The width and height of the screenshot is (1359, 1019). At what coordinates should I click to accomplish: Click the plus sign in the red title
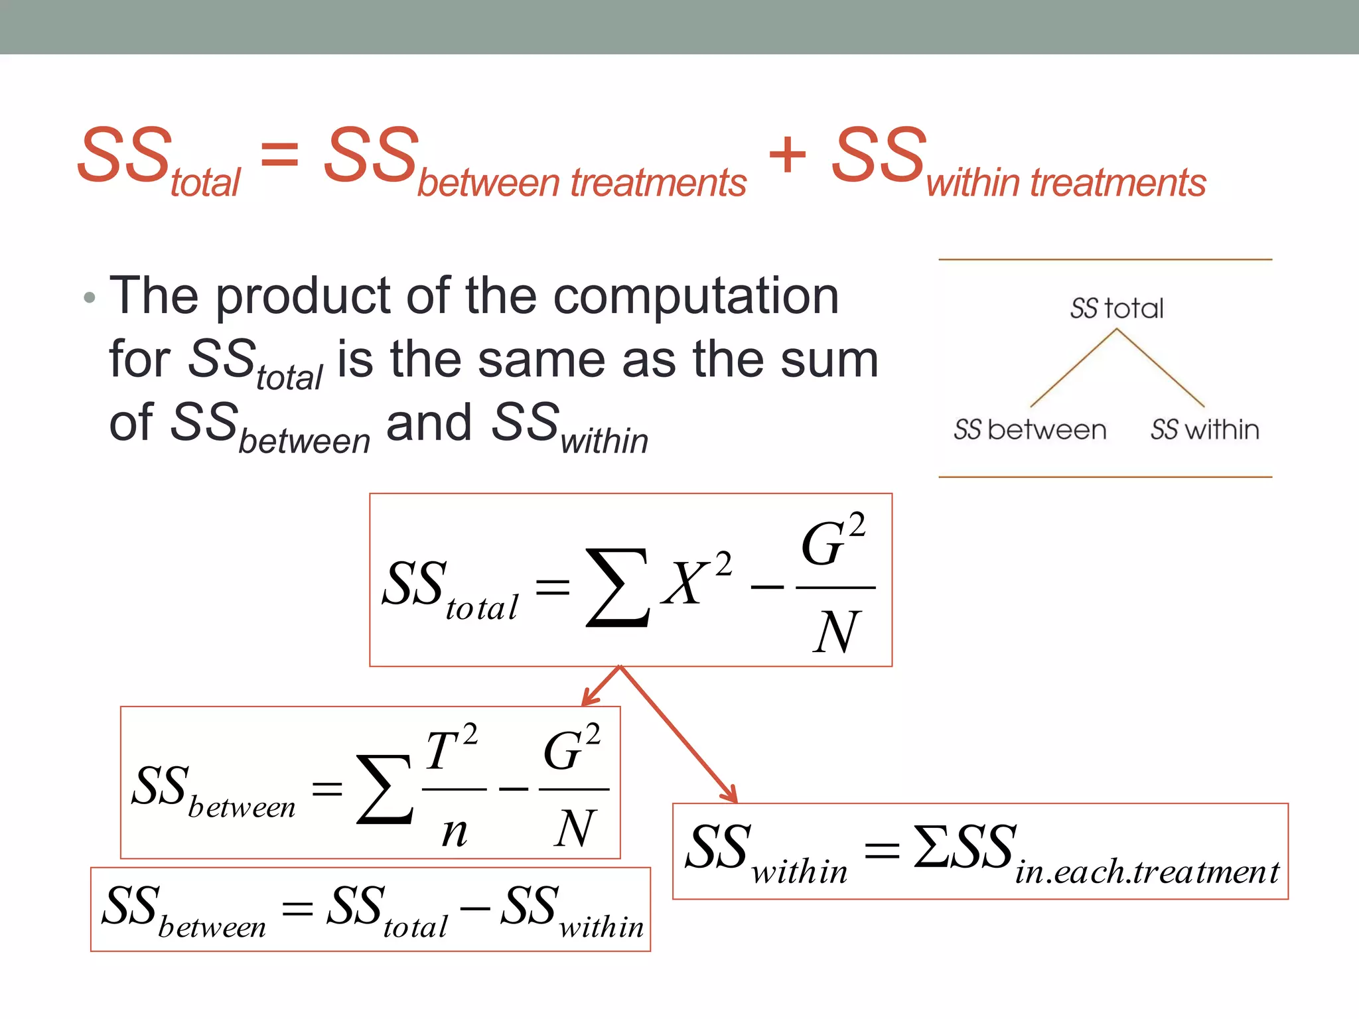788,155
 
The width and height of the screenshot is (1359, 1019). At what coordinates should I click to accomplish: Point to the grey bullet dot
90,298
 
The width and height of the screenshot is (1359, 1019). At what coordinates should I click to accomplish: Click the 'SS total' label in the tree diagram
1117,308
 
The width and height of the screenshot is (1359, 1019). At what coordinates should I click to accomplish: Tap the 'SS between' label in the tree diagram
1030,430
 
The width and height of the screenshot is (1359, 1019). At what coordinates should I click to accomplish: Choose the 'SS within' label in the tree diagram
1204,430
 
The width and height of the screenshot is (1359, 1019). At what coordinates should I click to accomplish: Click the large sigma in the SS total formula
617,587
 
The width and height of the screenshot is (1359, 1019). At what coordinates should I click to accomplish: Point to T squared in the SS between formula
451,749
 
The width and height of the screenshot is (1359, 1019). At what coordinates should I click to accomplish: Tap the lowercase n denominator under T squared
455,831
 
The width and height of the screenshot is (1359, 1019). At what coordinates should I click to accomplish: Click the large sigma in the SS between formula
385,789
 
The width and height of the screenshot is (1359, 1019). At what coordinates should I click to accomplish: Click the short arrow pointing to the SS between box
599,687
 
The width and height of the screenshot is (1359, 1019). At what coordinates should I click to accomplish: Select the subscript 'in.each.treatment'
1147,872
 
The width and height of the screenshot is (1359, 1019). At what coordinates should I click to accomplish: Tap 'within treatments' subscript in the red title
1066,183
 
